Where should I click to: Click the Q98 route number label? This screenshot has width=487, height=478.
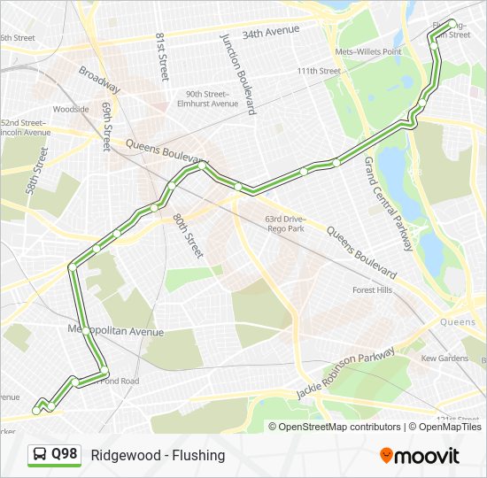pyautogui.click(x=65, y=454)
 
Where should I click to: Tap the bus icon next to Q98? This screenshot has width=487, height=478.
pyautogui.click(x=40, y=455)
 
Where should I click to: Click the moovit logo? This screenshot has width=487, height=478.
pyautogui.click(x=420, y=456)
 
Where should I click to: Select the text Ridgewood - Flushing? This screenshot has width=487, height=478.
pyautogui.click(x=158, y=455)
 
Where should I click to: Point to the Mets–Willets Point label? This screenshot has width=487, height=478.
pyautogui.click(x=368, y=51)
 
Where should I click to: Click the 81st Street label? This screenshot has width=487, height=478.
pyautogui.click(x=162, y=58)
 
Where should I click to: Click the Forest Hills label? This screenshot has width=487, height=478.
pyautogui.click(x=372, y=289)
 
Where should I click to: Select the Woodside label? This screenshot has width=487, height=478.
pyautogui.click(x=71, y=109)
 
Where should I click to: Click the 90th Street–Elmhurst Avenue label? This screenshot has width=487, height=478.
pyautogui.click(x=212, y=98)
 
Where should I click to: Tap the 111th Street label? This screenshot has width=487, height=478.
pyautogui.click(x=319, y=71)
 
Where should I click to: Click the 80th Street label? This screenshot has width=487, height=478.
pyautogui.click(x=188, y=235)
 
